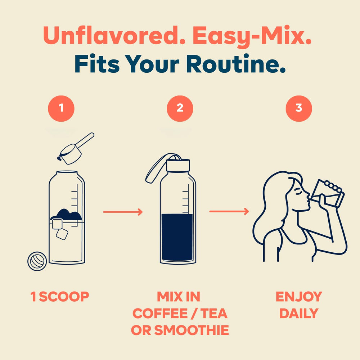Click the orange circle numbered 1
point(61,108)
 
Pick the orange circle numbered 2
point(180,108)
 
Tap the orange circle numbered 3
point(299,108)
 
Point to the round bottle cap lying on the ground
point(37,261)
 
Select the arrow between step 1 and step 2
point(123,212)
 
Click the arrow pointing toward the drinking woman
point(229,211)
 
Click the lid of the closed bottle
point(178,165)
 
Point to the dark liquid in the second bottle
point(177,237)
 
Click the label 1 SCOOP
point(60,296)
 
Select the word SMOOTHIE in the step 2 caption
point(192,330)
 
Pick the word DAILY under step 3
point(299,314)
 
